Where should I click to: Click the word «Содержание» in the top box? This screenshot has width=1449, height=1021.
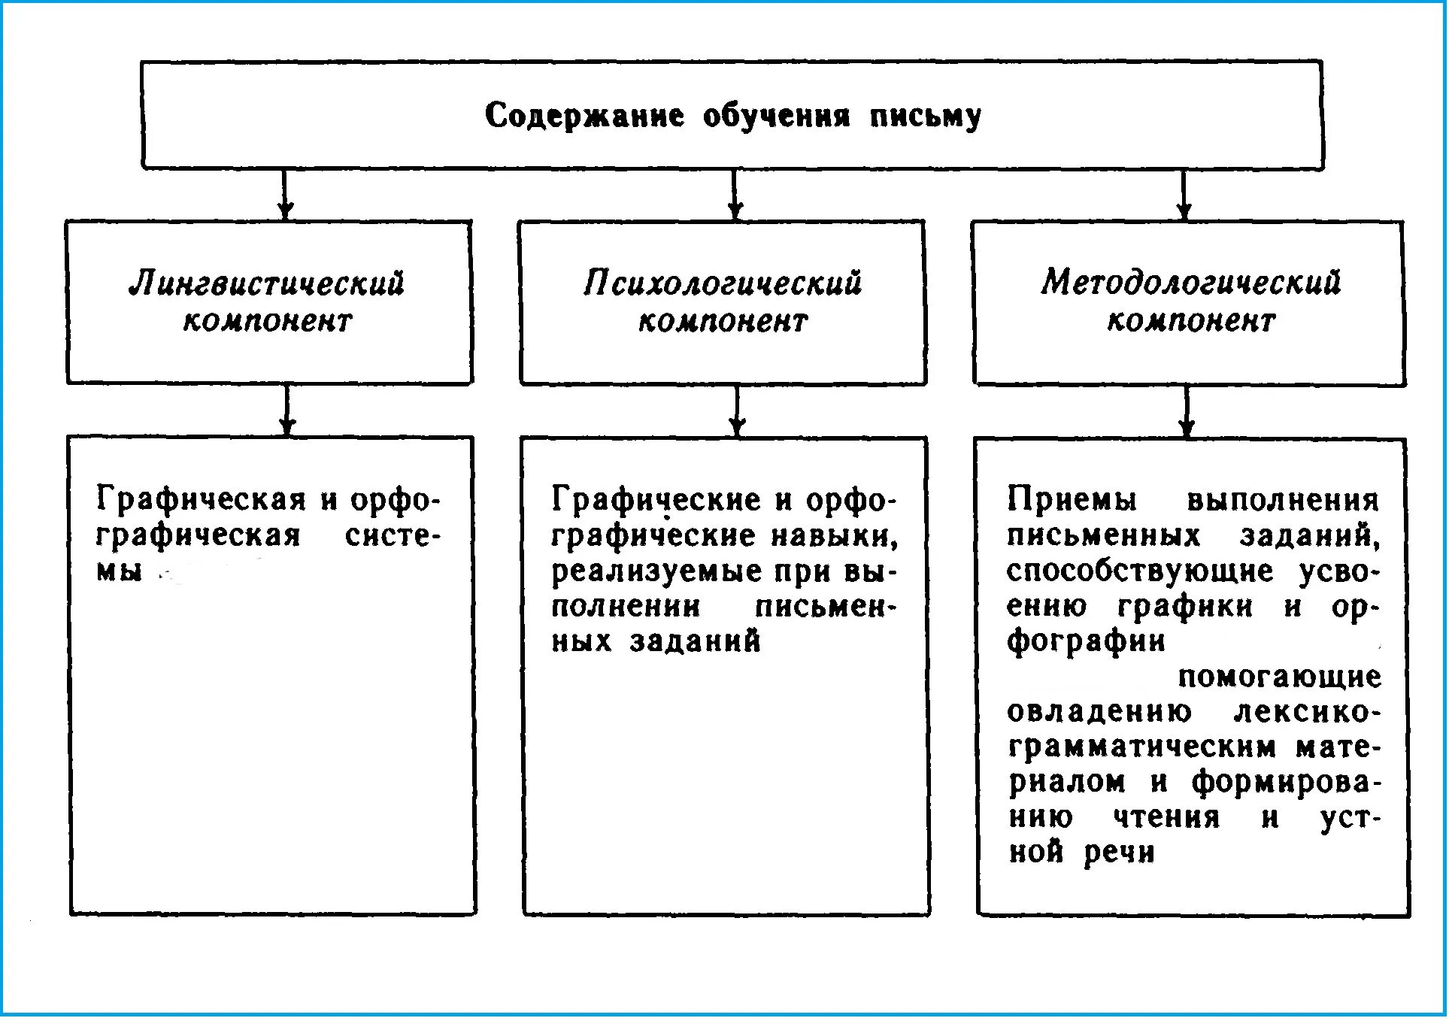point(584,116)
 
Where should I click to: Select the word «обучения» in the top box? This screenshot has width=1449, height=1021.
point(776,116)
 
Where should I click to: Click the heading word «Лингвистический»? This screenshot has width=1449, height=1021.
point(267,283)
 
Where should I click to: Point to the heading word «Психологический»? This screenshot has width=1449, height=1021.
point(723,283)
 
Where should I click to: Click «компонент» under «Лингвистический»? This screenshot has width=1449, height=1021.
point(267,321)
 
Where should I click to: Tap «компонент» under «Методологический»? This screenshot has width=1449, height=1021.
point(1190,321)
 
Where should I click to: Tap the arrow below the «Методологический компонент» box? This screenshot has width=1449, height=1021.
point(1187,412)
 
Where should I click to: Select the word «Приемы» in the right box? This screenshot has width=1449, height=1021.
point(1072,499)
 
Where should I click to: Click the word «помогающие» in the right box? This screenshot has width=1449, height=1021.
point(1279,677)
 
